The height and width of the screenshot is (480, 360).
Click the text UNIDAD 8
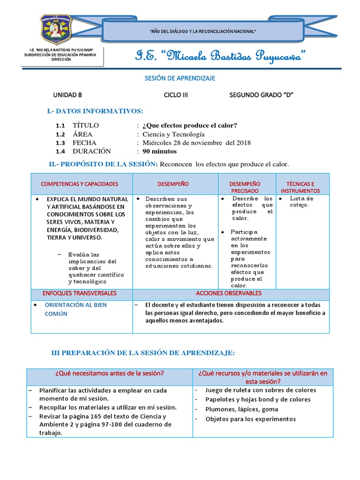tap(67, 94)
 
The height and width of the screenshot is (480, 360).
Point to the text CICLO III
tap(176, 94)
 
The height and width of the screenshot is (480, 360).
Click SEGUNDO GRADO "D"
tap(261, 94)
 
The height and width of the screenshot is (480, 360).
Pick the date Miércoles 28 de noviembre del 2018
tap(196, 143)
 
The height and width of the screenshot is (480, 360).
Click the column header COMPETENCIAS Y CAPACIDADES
tap(80, 184)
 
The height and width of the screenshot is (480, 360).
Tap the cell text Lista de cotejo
tap(301, 201)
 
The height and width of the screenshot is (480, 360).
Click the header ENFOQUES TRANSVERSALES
tap(80, 293)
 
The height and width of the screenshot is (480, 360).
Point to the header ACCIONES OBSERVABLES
tap(229, 293)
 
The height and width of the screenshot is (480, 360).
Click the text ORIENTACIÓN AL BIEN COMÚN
tap(75, 309)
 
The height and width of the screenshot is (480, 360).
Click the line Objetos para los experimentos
tap(250, 419)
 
